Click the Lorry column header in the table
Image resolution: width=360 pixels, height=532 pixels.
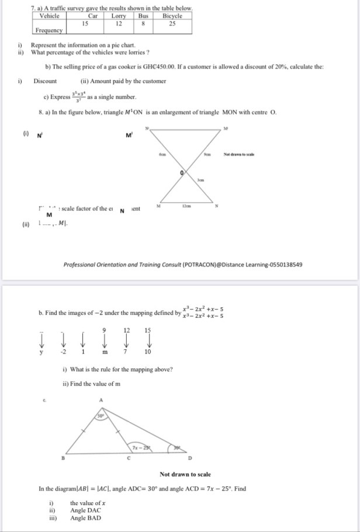point(118,16)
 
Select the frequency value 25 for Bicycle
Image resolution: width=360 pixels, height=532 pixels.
point(172,23)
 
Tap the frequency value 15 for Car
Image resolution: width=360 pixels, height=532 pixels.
point(85,23)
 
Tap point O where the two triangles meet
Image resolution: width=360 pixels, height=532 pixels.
point(182,173)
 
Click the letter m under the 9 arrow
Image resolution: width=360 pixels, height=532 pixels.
point(105,352)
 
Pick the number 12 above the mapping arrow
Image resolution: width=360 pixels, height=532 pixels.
point(127,330)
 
